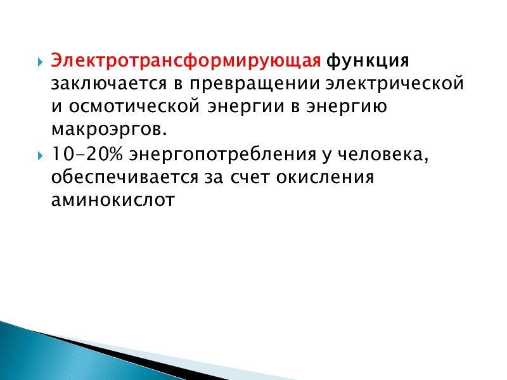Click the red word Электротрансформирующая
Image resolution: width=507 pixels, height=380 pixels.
coord(187,61)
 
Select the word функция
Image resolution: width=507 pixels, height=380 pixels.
coord(368,61)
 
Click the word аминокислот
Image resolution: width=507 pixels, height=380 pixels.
coord(112,200)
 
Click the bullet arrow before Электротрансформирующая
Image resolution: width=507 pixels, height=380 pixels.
coord(39,63)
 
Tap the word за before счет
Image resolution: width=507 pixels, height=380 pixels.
coord(205,177)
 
